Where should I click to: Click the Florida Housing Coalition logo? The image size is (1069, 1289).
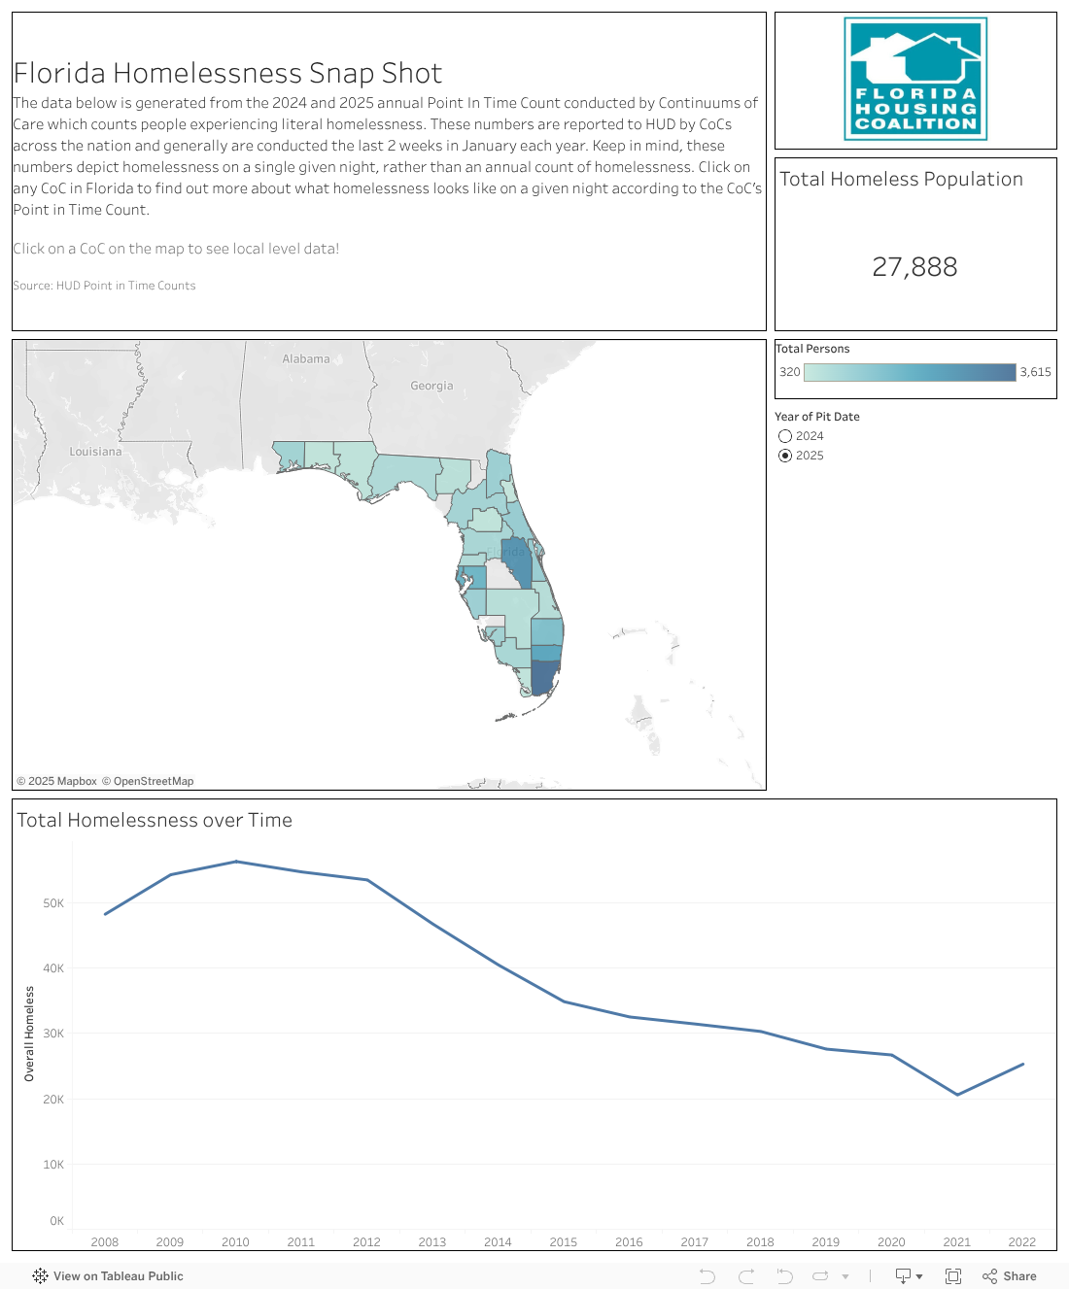(x=915, y=79)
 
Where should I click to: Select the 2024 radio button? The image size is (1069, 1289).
(x=785, y=436)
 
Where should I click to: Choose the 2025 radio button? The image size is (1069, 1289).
(x=785, y=456)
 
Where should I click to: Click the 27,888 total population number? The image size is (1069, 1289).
(x=914, y=267)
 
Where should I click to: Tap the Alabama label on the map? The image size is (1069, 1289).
(x=306, y=359)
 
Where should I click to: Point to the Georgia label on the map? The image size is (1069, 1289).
(x=431, y=386)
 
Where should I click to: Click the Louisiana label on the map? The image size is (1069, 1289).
(x=95, y=452)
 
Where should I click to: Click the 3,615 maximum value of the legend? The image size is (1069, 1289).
(x=1035, y=372)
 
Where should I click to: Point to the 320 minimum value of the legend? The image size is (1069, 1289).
(x=789, y=372)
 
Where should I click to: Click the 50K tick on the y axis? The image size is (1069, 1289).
(x=53, y=903)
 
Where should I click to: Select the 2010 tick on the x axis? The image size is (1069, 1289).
(x=235, y=1242)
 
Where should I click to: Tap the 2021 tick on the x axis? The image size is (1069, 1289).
(x=956, y=1242)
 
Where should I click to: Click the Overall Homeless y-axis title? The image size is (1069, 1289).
(x=29, y=1034)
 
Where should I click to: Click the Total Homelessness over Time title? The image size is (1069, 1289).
(x=155, y=821)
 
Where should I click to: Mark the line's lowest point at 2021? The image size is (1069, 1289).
(x=957, y=1095)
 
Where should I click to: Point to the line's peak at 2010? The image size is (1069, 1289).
(x=236, y=862)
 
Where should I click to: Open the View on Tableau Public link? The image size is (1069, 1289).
(x=108, y=1276)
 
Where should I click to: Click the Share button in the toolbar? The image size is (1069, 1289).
(x=1010, y=1276)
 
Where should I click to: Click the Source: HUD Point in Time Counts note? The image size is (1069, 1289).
(x=104, y=286)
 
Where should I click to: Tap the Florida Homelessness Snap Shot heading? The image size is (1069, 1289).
(x=227, y=74)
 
